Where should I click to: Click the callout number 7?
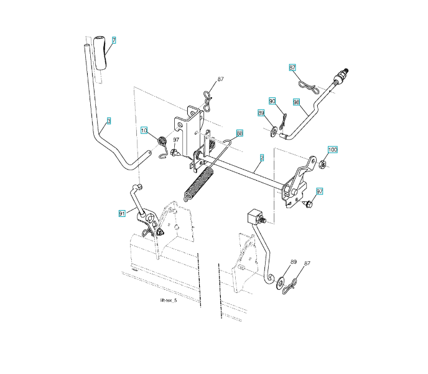coord(114,40)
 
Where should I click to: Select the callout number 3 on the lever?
coord(109,121)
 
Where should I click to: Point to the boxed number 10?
coord(144,130)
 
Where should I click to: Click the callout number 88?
coord(240,133)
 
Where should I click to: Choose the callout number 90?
coord(272,100)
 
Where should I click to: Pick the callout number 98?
coord(297,102)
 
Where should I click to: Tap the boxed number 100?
coord(333,150)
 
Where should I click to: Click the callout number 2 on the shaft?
coord(262,158)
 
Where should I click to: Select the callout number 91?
coord(122,213)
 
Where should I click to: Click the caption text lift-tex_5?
coord(168,300)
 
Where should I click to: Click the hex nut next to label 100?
coord(323,164)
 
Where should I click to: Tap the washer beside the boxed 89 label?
coord(274,131)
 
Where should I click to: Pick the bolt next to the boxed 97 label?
coord(307,204)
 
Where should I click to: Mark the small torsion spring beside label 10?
coord(160,143)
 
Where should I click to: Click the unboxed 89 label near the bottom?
coord(293,262)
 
